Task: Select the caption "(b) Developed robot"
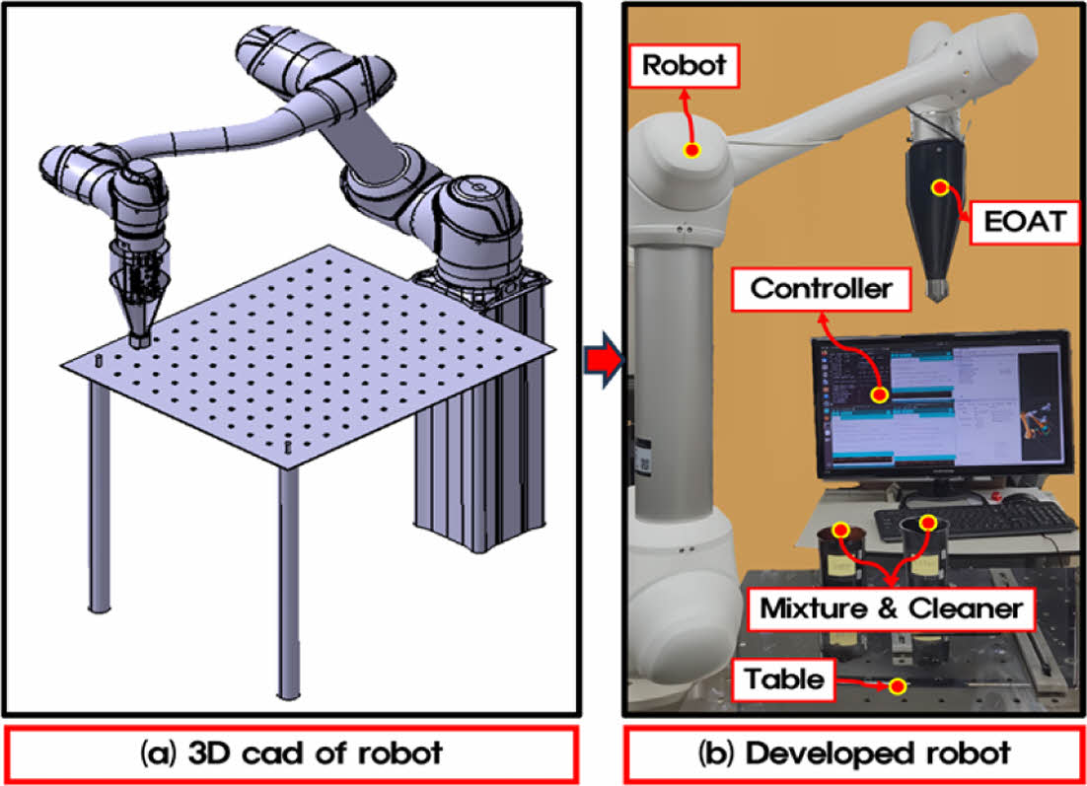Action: pyautogui.click(x=854, y=754)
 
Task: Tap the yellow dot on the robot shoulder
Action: pyautogui.click(x=692, y=151)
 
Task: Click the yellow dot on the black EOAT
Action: pyautogui.click(x=940, y=186)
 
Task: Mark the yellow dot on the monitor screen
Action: pyautogui.click(x=879, y=394)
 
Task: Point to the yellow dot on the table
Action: pyautogui.click(x=897, y=686)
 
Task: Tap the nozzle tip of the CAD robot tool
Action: pyautogui.click(x=139, y=339)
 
